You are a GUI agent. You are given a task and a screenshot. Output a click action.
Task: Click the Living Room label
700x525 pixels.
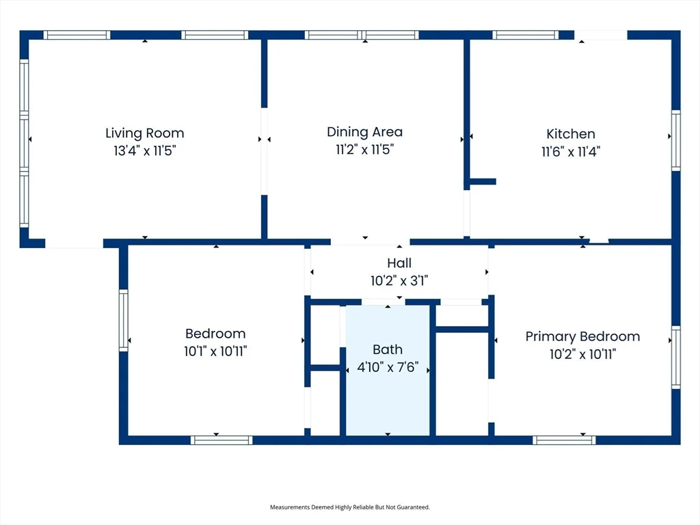coord(145,133)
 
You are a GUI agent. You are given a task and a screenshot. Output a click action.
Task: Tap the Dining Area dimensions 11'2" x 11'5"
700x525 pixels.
coord(365,149)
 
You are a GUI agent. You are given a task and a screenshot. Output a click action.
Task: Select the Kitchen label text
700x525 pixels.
coord(571,134)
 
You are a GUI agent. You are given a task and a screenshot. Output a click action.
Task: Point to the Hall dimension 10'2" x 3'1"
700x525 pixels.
coord(399,280)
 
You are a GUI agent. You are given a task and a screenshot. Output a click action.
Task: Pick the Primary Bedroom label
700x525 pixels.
coord(582,336)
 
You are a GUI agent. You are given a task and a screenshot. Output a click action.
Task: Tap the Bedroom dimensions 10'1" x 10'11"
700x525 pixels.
coord(215,351)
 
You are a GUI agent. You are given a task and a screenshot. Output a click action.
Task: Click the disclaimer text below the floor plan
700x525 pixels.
coord(350,507)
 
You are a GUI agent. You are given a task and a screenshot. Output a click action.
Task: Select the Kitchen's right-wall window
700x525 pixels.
coord(676,140)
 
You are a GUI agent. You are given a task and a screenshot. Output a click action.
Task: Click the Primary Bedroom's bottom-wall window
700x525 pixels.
coord(564,440)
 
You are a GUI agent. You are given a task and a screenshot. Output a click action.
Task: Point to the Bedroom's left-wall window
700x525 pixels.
coord(123,320)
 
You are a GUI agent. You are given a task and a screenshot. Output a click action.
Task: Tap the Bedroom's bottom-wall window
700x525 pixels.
coord(221,440)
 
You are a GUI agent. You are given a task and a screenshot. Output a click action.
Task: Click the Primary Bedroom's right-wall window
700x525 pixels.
coord(676,357)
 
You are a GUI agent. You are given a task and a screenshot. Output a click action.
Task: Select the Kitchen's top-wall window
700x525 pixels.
coord(526,35)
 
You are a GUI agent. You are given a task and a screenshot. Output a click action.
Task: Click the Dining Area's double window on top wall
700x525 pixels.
coord(362,35)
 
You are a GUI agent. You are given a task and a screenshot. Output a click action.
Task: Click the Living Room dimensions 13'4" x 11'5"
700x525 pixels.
coord(145,150)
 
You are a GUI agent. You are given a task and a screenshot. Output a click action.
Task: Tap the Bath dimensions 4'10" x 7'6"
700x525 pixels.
coord(388,367)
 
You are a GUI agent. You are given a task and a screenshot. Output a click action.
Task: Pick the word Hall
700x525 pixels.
coord(399,263)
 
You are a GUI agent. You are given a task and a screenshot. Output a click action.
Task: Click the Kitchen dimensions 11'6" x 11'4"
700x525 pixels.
coord(571,152)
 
